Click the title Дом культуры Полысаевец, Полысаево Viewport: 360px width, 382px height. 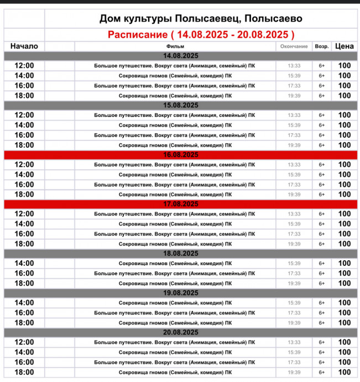201,19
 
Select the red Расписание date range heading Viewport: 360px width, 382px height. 201,34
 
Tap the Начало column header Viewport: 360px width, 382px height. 24,47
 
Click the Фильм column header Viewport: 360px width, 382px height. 175,47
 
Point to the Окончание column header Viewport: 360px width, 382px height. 294,47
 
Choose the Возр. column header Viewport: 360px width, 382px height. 321,47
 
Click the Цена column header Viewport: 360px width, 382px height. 345,47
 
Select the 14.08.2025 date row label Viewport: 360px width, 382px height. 181,56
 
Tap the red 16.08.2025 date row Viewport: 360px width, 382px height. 181,154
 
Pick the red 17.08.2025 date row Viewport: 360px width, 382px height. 181,204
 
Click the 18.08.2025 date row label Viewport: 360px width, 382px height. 181,253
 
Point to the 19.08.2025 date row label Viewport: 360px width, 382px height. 181,293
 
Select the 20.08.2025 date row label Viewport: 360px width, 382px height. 181,332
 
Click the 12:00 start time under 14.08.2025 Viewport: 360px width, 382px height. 24,65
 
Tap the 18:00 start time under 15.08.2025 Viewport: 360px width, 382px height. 24,145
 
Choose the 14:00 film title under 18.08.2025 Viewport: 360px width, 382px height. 175,264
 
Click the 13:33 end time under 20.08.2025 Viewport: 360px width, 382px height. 294,342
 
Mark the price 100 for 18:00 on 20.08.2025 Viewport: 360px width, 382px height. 345,372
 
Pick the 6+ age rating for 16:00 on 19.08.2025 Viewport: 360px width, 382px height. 321,313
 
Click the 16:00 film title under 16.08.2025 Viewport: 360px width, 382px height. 175,184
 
